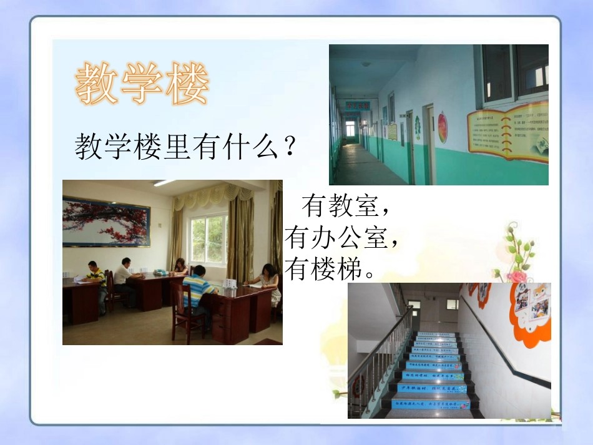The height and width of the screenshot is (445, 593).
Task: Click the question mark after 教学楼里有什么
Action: coord(288,148)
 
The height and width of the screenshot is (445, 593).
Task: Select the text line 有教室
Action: coord(340,205)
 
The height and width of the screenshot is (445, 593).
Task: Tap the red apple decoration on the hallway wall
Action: coord(443,127)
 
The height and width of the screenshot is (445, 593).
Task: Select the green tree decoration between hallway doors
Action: coord(417,128)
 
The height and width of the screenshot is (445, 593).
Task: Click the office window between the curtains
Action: coord(208,239)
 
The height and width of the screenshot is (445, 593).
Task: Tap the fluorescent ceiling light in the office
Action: coord(164,183)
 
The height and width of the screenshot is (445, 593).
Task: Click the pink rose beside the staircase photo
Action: coord(516,276)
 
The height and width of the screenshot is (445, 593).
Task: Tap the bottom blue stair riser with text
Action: coord(431,404)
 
